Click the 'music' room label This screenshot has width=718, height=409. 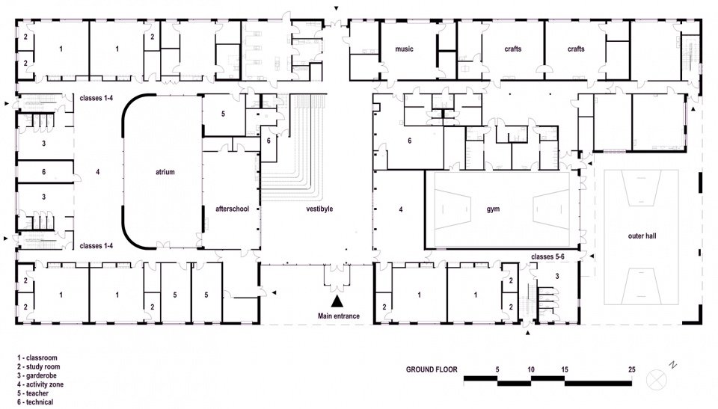[404, 49]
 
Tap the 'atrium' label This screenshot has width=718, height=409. [165, 172]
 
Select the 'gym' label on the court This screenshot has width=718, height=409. [492, 209]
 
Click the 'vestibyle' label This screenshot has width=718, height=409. [319, 209]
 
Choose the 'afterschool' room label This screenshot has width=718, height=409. [232, 209]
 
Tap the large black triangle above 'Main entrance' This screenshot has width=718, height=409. [337, 301]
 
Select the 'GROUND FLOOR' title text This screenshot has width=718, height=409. [432, 370]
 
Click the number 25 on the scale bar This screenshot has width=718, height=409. [632, 370]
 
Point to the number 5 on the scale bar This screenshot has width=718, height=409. [497, 370]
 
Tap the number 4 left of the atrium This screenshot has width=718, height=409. [98, 172]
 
